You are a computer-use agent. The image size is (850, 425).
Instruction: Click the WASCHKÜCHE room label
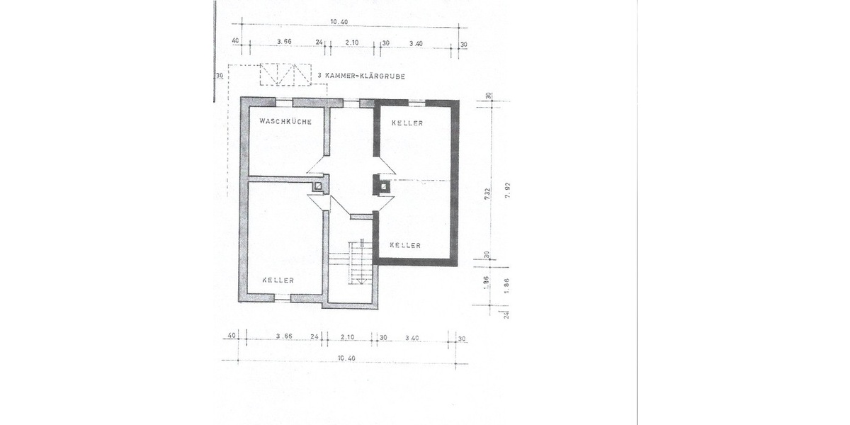click(285, 122)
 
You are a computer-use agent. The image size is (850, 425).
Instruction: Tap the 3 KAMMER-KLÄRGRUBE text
click(361, 76)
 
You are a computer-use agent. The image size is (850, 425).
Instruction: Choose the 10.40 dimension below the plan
click(346, 358)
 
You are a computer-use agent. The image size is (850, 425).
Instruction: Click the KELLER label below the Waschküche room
click(278, 280)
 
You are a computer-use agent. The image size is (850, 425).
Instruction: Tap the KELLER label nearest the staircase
click(405, 245)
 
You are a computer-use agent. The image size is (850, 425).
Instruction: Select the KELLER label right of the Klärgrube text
click(407, 123)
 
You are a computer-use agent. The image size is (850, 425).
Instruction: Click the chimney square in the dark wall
click(382, 187)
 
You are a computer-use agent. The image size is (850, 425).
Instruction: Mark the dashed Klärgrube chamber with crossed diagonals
click(286, 74)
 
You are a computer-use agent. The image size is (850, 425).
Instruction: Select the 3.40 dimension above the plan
click(416, 43)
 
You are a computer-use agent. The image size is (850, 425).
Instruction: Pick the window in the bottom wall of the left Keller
click(282, 300)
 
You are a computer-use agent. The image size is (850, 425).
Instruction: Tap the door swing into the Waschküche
click(316, 166)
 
